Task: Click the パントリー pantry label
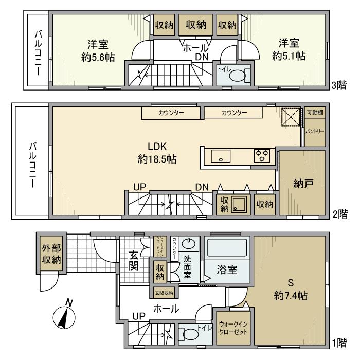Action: point(315,132)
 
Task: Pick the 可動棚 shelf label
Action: point(314,113)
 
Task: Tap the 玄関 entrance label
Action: point(133,260)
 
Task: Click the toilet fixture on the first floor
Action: point(191,335)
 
